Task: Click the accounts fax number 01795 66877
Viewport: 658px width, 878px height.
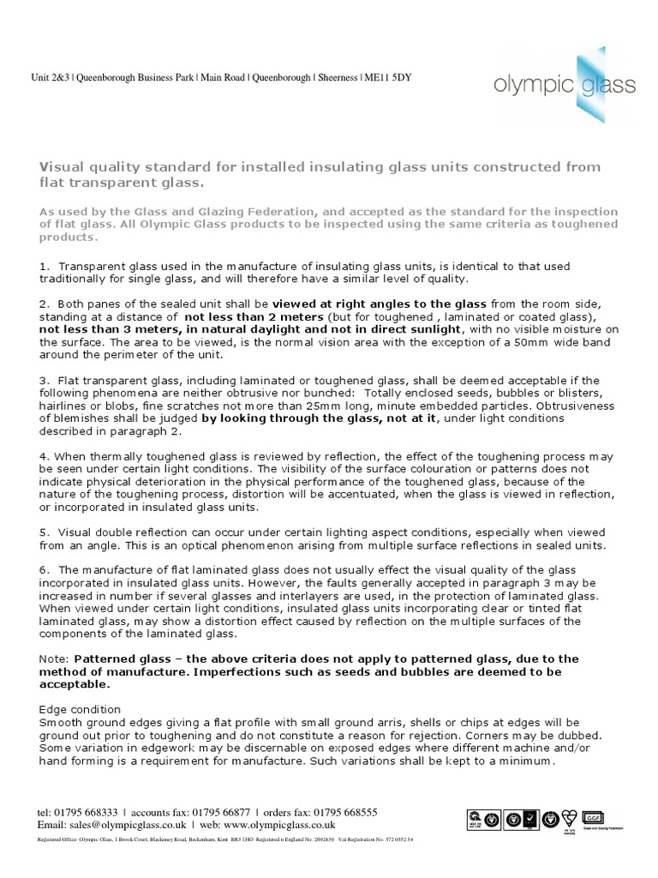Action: (215, 812)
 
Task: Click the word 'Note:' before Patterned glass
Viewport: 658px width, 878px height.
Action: (55, 658)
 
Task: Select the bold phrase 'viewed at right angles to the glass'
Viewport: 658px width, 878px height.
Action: (380, 304)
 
